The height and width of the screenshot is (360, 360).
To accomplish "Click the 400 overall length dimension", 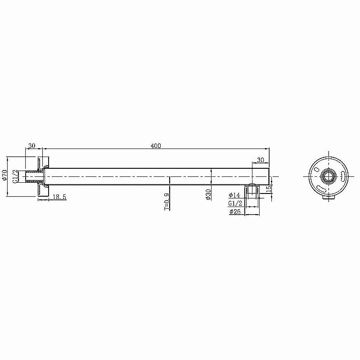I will coord(156,146).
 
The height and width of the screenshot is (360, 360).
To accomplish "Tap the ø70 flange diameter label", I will coord(4,176).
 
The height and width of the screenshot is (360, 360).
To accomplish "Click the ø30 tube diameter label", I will coord(208,194).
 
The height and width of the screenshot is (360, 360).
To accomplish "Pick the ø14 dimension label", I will coord(234,195).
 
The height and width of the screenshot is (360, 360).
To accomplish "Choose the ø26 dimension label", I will coord(234,211).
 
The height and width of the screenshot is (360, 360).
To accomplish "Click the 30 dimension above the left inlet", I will coord(31,146).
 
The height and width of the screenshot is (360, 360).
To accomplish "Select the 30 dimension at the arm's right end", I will coord(260,160).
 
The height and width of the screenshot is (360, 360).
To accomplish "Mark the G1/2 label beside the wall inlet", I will coord(15,176).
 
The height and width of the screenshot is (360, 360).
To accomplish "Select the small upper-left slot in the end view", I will coord(317,170).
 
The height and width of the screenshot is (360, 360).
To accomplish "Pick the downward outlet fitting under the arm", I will coord(252,190).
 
